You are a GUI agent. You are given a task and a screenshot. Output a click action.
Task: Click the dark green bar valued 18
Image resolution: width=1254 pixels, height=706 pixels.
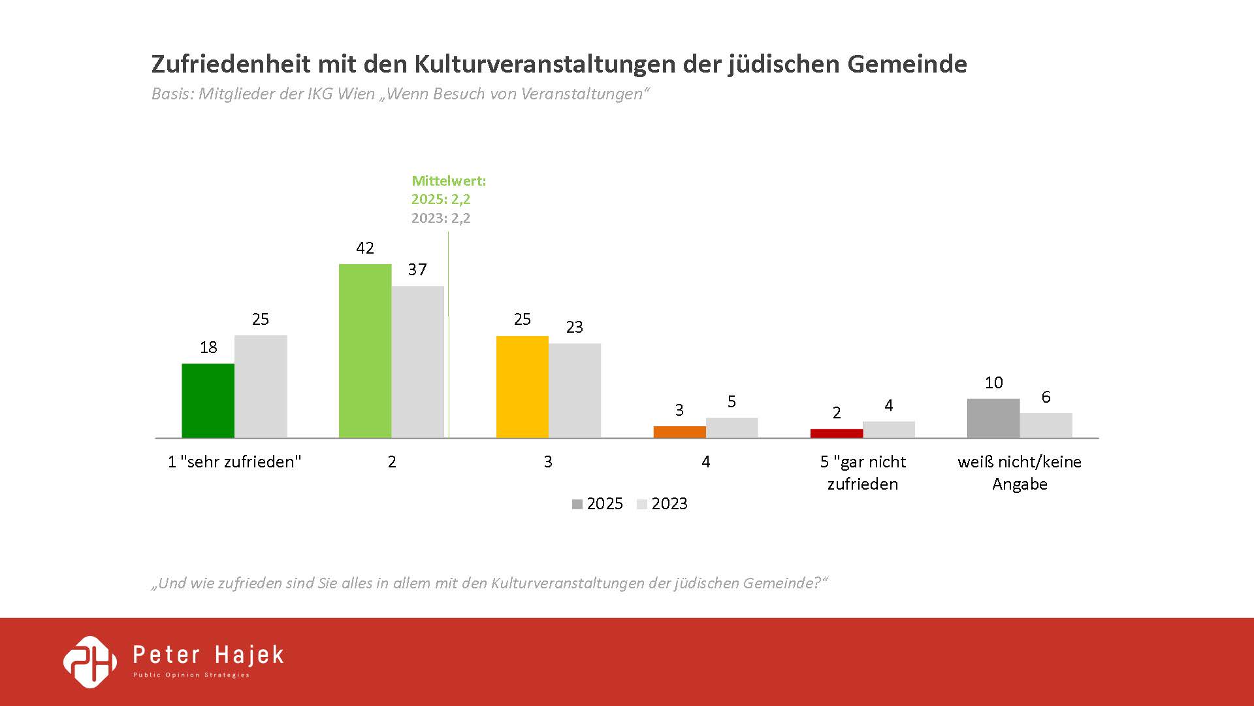pyautogui.click(x=208, y=401)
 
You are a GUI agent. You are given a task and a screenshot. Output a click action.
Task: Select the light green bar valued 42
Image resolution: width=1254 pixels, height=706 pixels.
pyautogui.click(x=365, y=351)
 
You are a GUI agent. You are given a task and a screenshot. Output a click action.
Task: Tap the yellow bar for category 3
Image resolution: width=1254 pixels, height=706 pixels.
pyautogui.click(x=522, y=387)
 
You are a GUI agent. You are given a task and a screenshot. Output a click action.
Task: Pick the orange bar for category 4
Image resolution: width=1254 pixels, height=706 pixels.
pyautogui.click(x=679, y=432)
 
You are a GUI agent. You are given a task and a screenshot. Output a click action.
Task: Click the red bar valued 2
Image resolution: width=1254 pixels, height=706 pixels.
pyautogui.click(x=836, y=433)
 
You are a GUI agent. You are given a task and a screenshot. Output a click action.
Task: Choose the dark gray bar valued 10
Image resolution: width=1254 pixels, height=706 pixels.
pyautogui.click(x=993, y=418)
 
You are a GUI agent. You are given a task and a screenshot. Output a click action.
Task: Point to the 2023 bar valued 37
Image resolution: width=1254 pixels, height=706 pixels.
pyautogui.click(x=417, y=362)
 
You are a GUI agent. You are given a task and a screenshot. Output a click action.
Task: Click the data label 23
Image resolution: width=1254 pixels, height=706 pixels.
pyautogui.click(x=574, y=327)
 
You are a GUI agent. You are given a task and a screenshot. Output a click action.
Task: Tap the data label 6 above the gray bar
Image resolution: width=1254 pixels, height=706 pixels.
pyautogui.click(x=1046, y=397)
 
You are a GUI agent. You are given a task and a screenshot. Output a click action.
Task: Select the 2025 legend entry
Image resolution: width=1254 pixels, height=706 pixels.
pyautogui.click(x=597, y=504)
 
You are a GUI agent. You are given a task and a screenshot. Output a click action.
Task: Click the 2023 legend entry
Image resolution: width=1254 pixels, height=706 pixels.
pyautogui.click(x=662, y=504)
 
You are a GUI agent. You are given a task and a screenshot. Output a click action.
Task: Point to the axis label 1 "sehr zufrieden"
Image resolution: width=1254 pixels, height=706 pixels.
pyautogui.click(x=234, y=462)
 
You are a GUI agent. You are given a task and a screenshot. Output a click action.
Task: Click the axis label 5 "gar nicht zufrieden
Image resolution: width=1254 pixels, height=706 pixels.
pyautogui.click(x=863, y=473)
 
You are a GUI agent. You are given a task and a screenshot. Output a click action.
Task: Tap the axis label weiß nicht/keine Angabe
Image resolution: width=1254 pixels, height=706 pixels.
pyautogui.click(x=1020, y=473)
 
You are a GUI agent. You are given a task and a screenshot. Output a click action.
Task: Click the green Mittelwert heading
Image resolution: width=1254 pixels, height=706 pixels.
pyautogui.click(x=449, y=181)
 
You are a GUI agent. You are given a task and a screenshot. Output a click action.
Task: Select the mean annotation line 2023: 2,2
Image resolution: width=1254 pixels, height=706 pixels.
pyautogui.click(x=441, y=218)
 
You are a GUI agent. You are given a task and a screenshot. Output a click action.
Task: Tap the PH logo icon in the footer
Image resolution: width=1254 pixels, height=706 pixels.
pyautogui.click(x=90, y=662)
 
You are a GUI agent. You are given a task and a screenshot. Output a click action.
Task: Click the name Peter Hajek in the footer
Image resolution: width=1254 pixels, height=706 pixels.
pyautogui.click(x=208, y=655)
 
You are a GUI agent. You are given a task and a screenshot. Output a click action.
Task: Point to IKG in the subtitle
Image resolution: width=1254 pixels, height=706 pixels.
pyautogui.click(x=320, y=94)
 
